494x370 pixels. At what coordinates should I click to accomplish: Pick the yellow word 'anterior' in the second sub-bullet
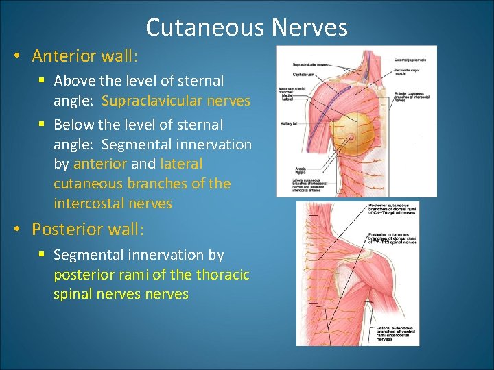[x=99, y=164]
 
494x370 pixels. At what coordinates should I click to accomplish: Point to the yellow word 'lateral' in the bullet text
[x=181, y=164]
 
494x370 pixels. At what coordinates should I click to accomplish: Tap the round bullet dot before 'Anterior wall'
[x=15, y=56]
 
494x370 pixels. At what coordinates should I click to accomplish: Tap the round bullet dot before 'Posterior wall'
[x=15, y=228]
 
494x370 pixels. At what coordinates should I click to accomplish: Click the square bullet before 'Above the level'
[x=42, y=81]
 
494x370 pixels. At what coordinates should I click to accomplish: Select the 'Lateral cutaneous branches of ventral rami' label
[x=396, y=333]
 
